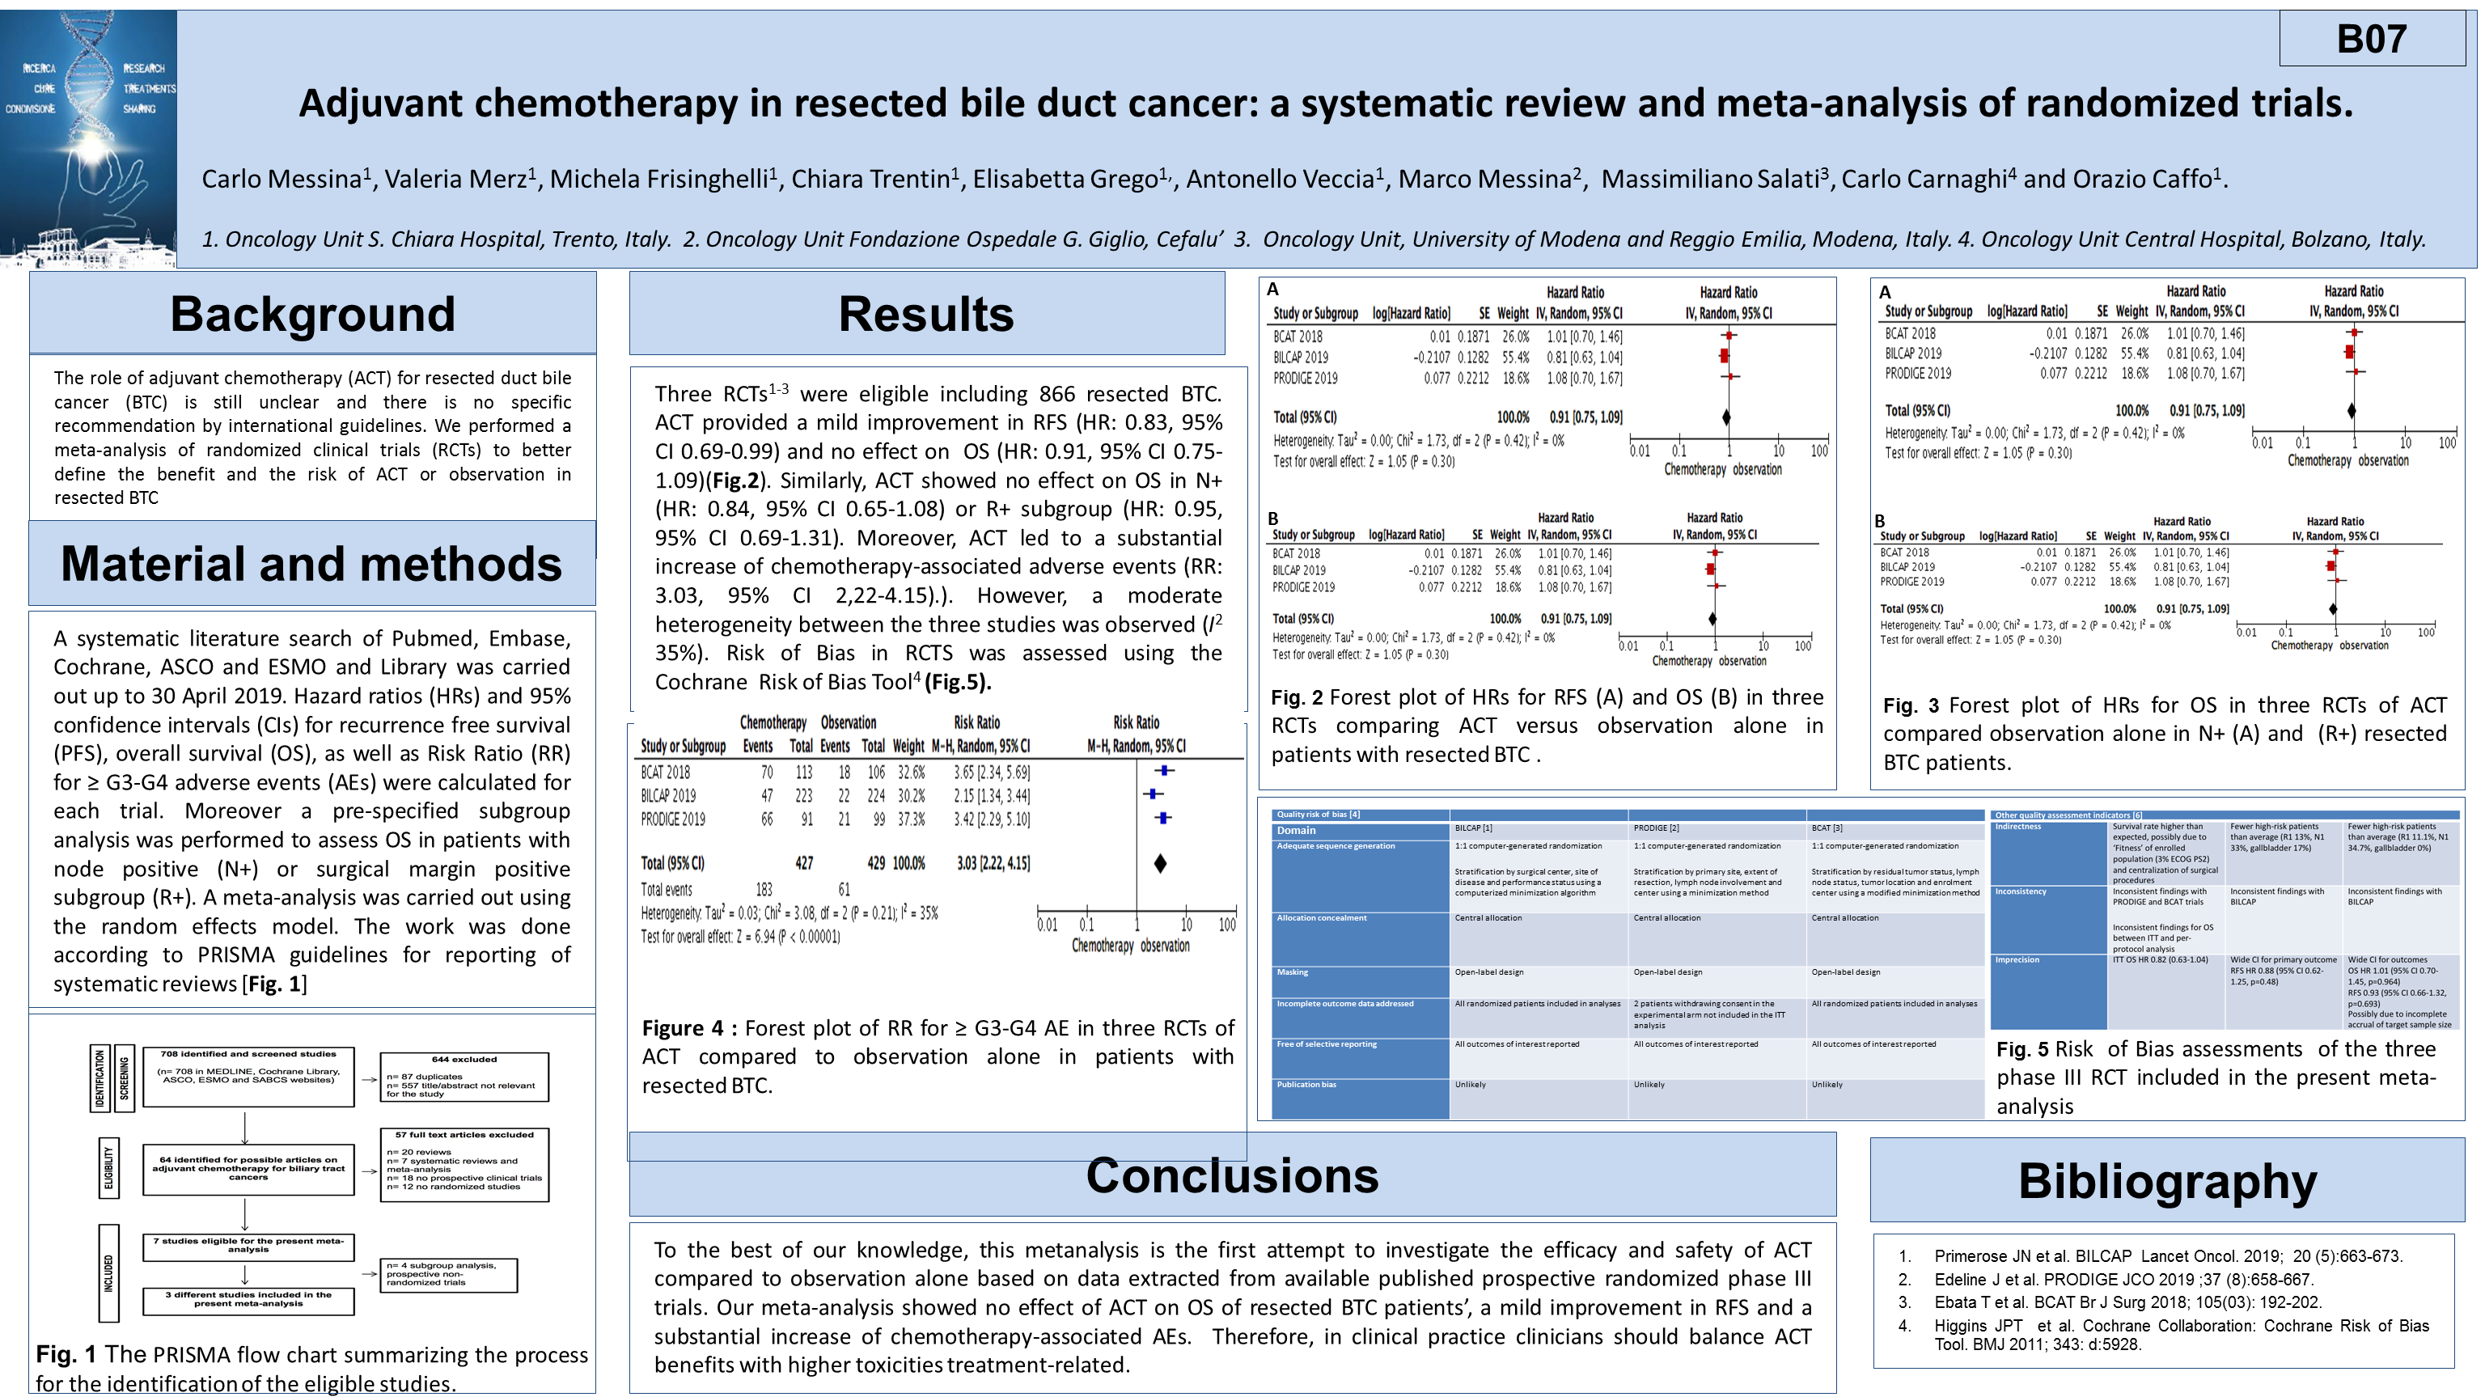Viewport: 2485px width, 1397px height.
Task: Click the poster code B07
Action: click(2371, 39)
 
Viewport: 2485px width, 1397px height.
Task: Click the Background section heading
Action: click(312, 314)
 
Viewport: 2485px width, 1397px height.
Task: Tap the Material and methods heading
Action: click(311, 564)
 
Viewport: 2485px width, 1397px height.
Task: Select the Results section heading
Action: click(926, 314)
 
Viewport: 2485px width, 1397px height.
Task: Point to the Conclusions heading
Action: click(1232, 1175)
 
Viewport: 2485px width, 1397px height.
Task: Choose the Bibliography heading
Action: click(2166, 1181)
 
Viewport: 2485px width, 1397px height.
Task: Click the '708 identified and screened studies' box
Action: click(248, 1076)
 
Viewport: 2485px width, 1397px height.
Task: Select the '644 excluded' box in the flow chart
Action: click(464, 1077)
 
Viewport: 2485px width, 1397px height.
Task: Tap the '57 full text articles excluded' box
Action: click(464, 1165)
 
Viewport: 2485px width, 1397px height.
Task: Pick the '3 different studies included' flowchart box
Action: click(248, 1300)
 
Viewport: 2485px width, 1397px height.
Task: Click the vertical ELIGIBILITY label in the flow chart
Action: click(109, 1168)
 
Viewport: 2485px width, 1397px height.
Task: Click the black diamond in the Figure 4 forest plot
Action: click(1161, 863)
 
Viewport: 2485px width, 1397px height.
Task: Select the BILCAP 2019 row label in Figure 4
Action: click(668, 796)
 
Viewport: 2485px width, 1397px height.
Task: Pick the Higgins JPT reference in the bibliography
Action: click(2180, 1334)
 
